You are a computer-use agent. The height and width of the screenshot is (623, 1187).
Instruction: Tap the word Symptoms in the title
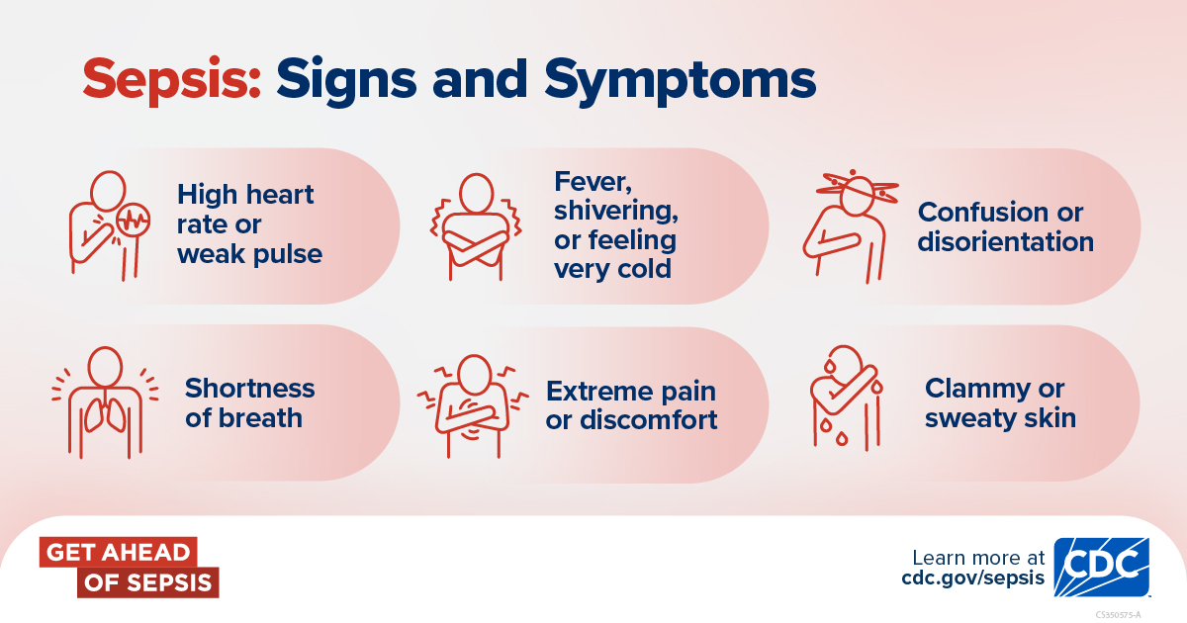click(680, 81)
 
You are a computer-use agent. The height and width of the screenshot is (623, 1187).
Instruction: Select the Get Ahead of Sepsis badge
click(129, 568)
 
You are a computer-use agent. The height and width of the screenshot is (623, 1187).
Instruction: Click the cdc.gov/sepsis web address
click(973, 578)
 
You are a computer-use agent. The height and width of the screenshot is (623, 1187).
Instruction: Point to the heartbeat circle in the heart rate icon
click(133, 221)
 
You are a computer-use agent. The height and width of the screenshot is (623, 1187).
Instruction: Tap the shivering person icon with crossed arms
click(476, 226)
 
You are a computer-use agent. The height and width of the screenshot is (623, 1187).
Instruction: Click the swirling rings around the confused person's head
click(857, 189)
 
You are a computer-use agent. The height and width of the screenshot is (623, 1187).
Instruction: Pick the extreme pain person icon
click(473, 406)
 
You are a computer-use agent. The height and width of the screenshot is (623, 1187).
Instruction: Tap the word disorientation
click(1006, 241)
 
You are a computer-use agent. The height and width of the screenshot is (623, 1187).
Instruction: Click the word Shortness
click(249, 389)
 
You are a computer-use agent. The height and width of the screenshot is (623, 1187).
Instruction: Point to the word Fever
click(593, 183)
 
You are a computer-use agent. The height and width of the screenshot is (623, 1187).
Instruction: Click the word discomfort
click(649, 420)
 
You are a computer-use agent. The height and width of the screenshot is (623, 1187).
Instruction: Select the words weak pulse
click(249, 255)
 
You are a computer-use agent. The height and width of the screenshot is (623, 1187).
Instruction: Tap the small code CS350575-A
click(1118, 615)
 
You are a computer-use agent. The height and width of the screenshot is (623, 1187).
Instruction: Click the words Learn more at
click(978, 558)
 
